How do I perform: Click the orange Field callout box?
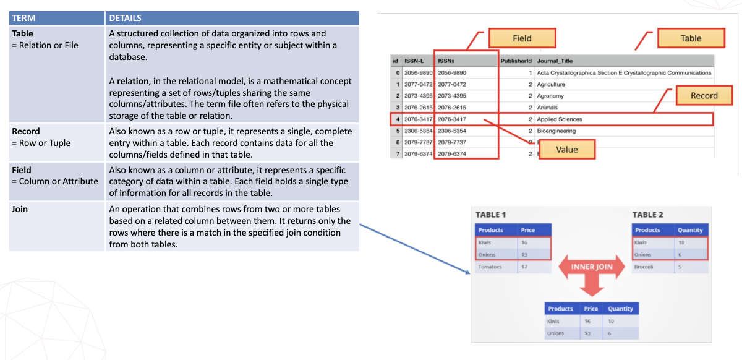coord(522,38)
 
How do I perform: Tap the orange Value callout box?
coord(566,149)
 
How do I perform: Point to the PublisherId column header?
coord(516,61)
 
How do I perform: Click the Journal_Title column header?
coord(555,61)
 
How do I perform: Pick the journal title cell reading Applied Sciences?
coord(560,119)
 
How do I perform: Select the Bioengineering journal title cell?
coord(556,131)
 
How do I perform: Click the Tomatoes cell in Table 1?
coord(490,267)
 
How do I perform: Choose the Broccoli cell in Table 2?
coord(644,267)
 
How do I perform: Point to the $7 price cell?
coord(524,267)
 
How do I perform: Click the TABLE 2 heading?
coord(647,215)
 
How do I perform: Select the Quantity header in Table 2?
coord(690,230)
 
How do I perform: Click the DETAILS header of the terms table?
coord(126,18)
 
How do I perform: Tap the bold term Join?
coord(20,209)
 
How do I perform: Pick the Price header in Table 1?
coord(527,230)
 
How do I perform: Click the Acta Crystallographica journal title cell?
coord(624,72)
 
